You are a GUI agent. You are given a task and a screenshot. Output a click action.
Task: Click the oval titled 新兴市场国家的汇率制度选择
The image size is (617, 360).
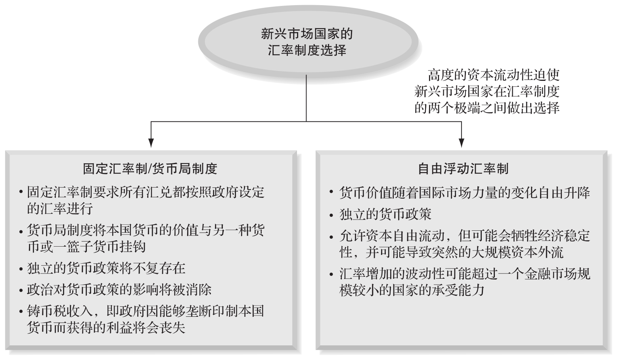307,42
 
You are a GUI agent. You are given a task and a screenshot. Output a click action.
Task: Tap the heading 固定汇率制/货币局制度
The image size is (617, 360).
150,169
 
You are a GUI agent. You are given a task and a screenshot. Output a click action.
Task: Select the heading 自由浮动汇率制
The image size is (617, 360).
463,169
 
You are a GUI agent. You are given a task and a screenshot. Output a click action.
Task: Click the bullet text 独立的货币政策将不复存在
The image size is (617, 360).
106,268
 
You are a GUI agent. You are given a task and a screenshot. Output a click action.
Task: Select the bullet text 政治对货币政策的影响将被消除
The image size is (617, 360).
119,289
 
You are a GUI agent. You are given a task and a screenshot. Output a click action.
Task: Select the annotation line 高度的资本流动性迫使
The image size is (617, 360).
494,75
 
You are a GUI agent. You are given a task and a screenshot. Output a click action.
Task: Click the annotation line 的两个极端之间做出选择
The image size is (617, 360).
487,108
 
